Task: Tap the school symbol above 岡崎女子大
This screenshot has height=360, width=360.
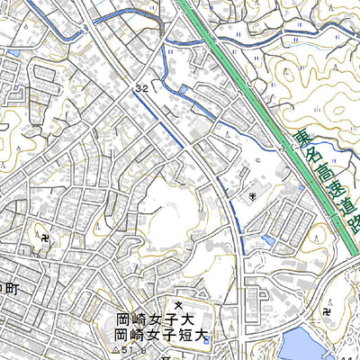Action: [177, 288]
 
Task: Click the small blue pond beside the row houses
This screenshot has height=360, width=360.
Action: [268, 239]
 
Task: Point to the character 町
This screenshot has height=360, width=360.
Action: [10, 289]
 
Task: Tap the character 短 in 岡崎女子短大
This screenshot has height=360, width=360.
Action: [184, 336]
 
